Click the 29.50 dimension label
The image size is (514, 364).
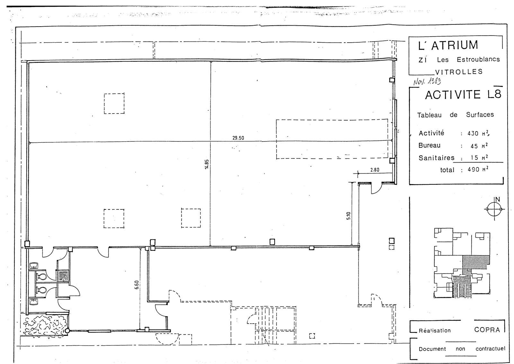pyautogui.click(x=238, y=138)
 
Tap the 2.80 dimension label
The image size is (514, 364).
pyautogui.click(x=375, y=170)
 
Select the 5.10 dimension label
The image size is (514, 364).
pyautogui.click(x=349, y=215)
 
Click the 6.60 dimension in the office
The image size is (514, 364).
pyautogui.click(x=136, y=285)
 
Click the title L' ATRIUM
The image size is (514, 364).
pyautogui.click(x=448, y=45)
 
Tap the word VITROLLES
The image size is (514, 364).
pyautogui.click(x=458, y=72)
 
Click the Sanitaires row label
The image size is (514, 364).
pyautogui.click(x=436, y=158)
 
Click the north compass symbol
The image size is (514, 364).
pyautogui.click(x=494, y=209)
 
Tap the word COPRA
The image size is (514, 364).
pyautogui.click(x=487, y=330)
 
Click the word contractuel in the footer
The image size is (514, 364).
pyautogui.click(x=490, y=349)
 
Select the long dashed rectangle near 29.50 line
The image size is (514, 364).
pyautogui.click(x=332, y=139)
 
